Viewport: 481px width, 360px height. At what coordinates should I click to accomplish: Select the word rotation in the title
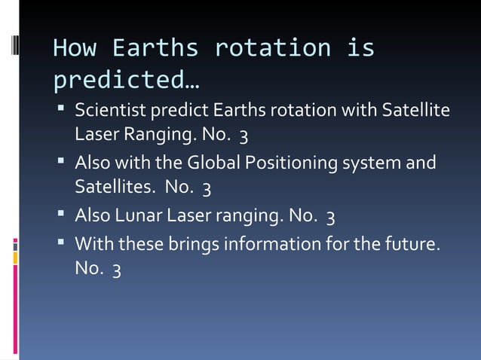[272, 48]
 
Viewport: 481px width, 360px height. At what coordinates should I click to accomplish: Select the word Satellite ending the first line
[415, 111]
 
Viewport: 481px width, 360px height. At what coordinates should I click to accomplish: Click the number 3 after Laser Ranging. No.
[244, 136]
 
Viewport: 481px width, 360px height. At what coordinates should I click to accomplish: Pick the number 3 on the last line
[116, 269]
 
